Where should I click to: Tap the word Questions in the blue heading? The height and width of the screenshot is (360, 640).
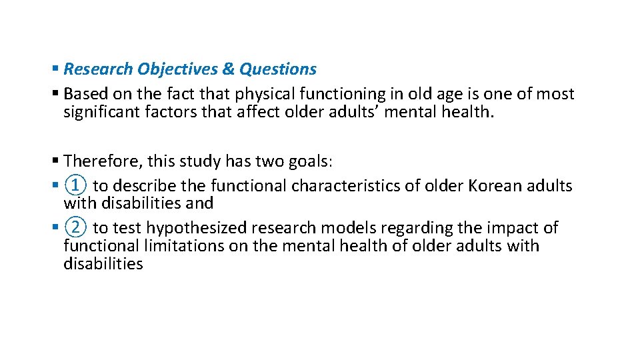pos(278,69)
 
